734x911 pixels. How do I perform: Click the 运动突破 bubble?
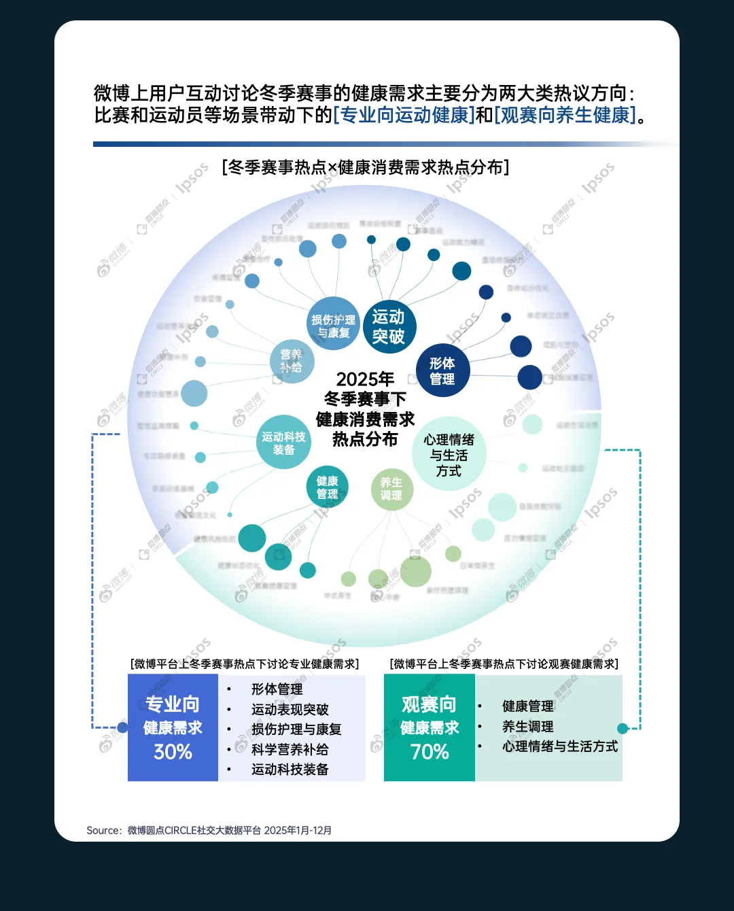[388, 326]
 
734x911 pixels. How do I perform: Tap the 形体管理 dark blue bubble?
[442, 371]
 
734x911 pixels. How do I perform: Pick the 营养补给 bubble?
[292, 360]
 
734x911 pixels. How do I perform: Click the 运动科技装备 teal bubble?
[284, 443]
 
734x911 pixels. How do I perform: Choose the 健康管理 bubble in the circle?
[327, 487]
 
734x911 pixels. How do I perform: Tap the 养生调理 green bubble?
[391, 489]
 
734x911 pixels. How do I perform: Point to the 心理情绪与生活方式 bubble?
[449, 455]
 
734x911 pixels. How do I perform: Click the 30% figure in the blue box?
[173, 752]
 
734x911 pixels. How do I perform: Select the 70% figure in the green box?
[430, 752]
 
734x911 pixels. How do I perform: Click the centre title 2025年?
[365, 379]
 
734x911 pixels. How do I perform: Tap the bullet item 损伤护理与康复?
[296, 729]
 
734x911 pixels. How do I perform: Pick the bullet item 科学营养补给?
[290, 749]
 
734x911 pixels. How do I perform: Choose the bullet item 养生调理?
[527, 726]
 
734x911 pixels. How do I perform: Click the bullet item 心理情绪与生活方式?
[559, 746]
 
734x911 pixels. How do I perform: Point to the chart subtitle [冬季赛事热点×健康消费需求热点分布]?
[366, 167]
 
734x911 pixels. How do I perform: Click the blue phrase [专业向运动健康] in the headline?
[404, 115]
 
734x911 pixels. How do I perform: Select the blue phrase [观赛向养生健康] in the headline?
[565, 115]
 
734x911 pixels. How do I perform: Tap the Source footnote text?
[209, 830]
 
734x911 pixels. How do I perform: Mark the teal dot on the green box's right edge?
[623, 728]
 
